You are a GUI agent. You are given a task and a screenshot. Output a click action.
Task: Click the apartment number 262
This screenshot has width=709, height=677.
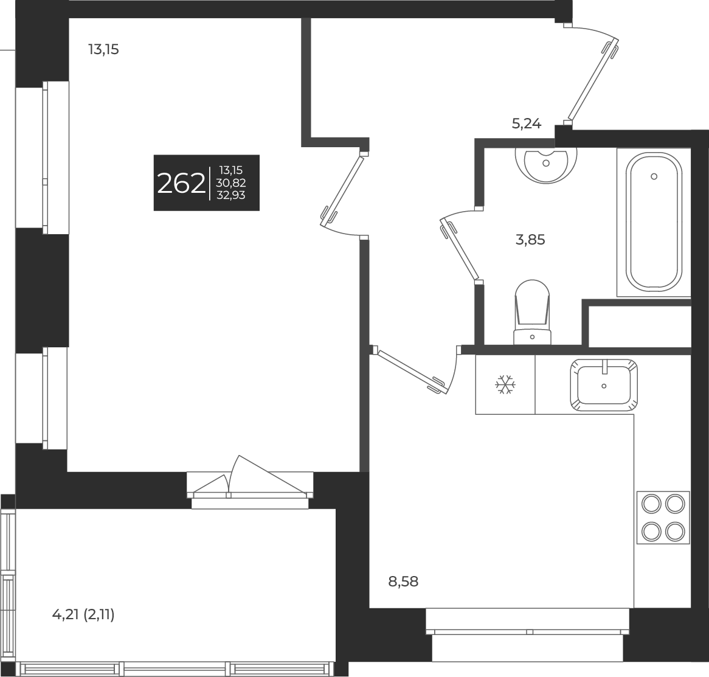coord(181,183)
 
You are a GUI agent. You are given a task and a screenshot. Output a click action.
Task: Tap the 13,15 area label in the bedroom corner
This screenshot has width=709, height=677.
coord(103,50)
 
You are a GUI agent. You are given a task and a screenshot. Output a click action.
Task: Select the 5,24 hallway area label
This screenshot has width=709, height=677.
coord(526,124)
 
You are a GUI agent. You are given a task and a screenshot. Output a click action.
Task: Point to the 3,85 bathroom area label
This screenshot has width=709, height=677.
coord(530,240)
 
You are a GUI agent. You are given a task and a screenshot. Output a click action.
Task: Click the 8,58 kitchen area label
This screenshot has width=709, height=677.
coord(403,582)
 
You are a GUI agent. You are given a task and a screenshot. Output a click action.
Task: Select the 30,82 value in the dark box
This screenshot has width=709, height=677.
coord(231,182)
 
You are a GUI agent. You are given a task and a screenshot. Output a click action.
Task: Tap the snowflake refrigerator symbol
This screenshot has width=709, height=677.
coord(505,384)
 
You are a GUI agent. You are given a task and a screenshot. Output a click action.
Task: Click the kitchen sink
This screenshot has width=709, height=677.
coord(604,384)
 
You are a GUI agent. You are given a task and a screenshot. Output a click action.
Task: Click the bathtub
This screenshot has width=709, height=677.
coord(654,223)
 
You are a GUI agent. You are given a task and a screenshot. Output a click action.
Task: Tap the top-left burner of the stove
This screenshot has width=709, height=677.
coord(651,504)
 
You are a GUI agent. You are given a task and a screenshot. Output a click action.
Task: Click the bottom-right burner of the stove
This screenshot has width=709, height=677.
coord(675,531)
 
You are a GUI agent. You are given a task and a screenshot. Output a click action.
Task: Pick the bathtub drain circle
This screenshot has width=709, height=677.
coord(654,176)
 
